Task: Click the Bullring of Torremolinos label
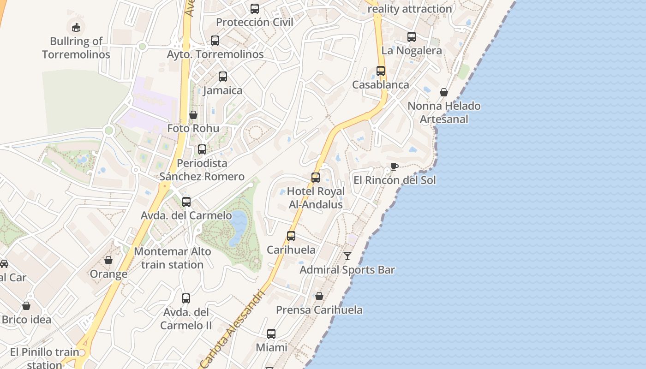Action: [x=76, y=48]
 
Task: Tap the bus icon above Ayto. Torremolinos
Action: [x=215, y=40]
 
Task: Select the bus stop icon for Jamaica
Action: [x=223, y=77]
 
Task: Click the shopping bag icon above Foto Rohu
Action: [x=193, y=115]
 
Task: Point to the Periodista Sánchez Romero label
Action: [x=202, y=170]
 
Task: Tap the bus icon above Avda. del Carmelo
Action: [x=186, y=202]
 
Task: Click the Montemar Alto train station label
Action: [x=173, y=258]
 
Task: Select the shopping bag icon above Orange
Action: [x=108, y=260]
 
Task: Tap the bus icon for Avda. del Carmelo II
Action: [x=186, y=298]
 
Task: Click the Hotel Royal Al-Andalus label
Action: [x=316, y=198]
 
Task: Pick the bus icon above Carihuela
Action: [x=291, y=236]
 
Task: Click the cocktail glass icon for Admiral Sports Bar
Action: [x=347, y=256]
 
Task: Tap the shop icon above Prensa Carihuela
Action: [x=319, y=296]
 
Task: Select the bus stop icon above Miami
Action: [x=271, y=333]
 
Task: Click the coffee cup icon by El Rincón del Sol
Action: [x=394, y=167]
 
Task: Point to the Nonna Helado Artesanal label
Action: [x=444, y=113]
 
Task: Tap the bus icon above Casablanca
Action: [x=381, y=71]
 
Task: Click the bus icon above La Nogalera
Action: [x=412, y=37]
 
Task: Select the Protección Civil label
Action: [x=255, y=22]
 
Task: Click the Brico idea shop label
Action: [x=27, y=319]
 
